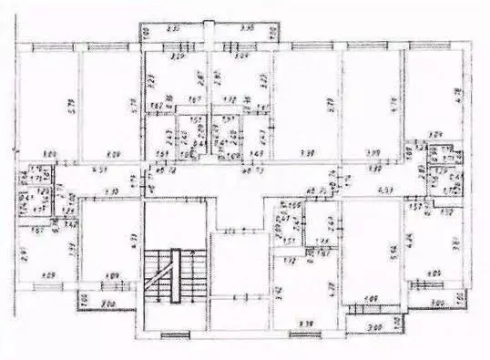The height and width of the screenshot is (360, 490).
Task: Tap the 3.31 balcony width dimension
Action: pos(175,29)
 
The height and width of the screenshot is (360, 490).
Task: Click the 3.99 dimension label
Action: pos(372,152)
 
